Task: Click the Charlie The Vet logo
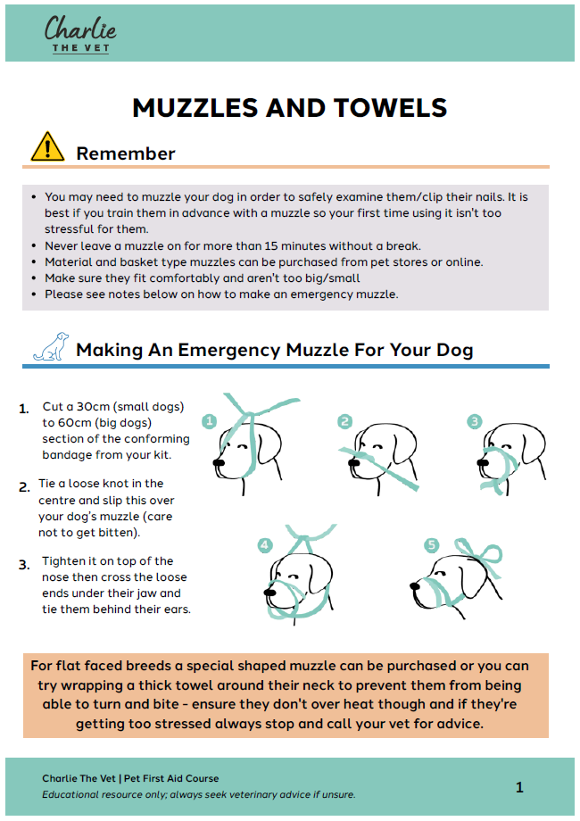point(80,33)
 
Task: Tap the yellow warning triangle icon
point(47,147)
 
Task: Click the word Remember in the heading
point(126,153)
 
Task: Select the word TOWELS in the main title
point(390,108)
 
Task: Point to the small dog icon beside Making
point(51,347)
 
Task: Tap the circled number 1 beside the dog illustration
point(210,420)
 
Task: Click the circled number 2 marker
point(345,421)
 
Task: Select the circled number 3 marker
point(475,421)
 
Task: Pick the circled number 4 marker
point(265,544)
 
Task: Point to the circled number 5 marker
point(432,544)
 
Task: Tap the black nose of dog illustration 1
point(219,462)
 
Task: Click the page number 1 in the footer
point(519,786)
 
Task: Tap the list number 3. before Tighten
point(25,564)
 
